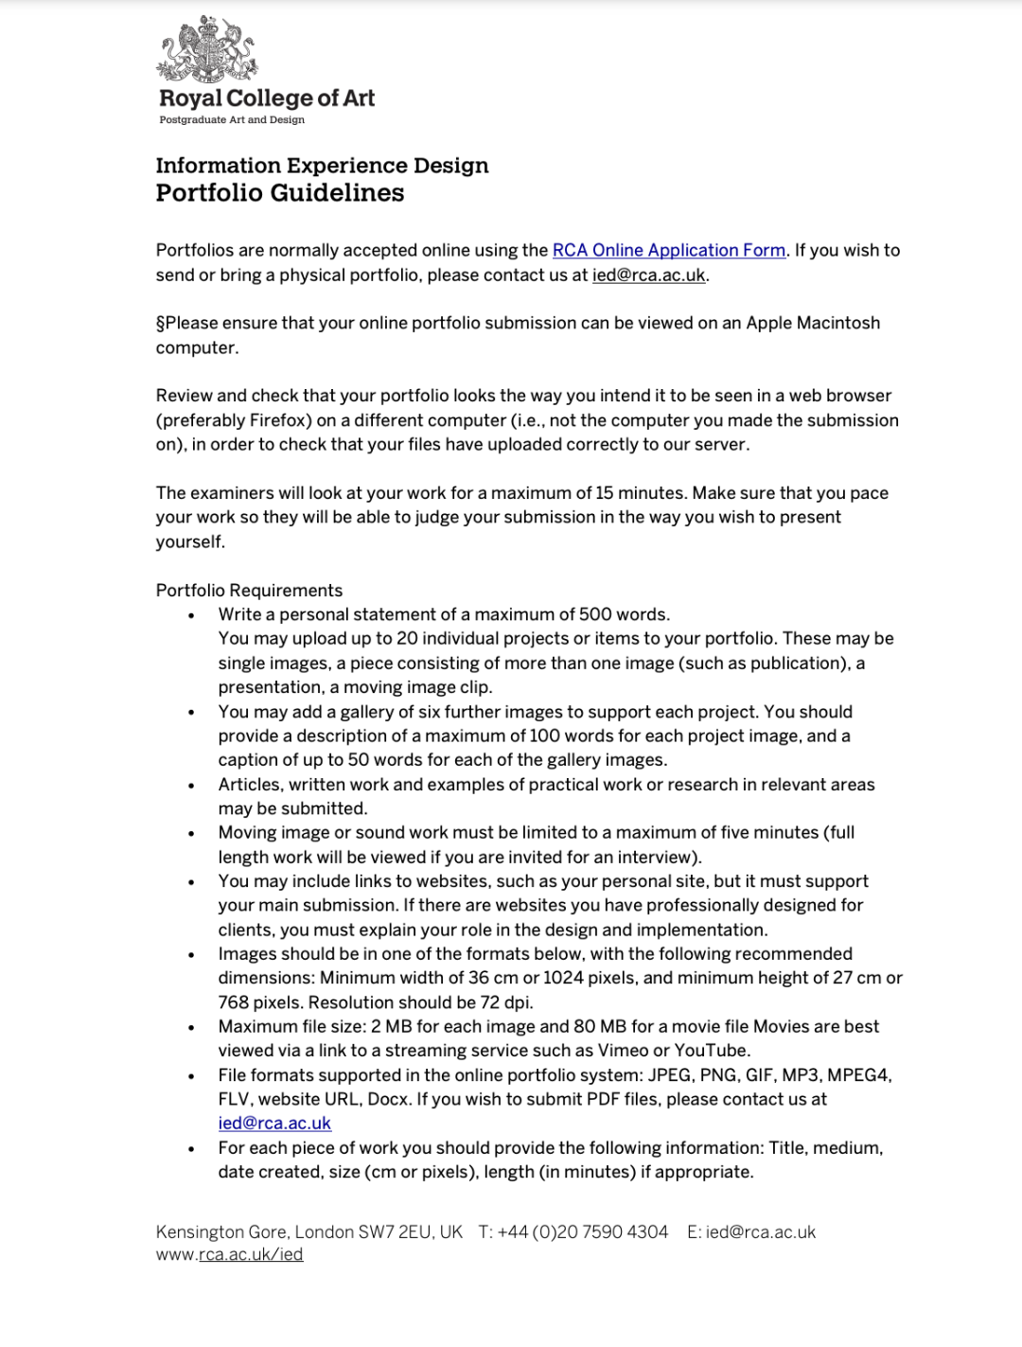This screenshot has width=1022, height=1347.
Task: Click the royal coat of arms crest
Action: tap(206, 49)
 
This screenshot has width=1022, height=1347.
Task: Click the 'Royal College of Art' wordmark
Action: tap(267, 98)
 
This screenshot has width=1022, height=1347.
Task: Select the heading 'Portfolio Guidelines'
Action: tap(280, 193)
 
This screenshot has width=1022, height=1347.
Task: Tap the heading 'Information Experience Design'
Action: tap(322, 166)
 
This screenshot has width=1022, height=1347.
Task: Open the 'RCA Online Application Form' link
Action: tap(669, 251)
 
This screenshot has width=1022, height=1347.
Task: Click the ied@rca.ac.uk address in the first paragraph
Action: tap(648, 275)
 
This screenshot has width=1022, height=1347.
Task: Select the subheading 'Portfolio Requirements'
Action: tap(249, 591)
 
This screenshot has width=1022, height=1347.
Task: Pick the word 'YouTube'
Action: tap(711, 1051)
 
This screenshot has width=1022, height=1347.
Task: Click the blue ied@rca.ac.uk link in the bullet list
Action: tap(274, 1124)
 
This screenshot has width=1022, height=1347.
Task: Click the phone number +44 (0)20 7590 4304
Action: tap(583, 1232)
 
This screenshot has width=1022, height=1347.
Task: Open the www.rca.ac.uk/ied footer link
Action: tap(229, 1255)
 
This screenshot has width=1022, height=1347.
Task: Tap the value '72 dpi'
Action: tap(507, 1002)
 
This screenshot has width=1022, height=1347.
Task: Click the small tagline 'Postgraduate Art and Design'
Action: tap(232, 120)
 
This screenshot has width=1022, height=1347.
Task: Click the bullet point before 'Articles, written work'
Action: tap(192, 786)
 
